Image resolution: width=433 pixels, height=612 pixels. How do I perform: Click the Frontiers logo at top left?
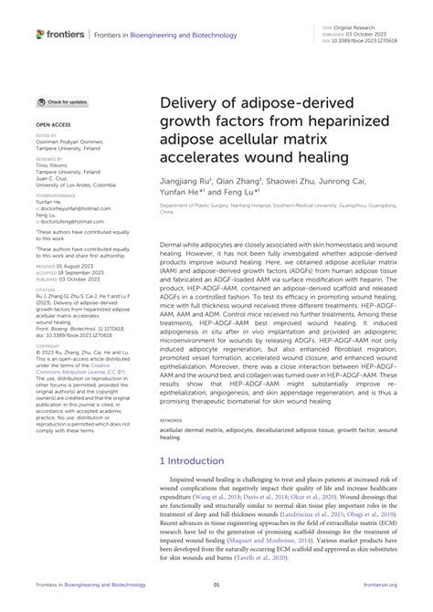58,34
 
